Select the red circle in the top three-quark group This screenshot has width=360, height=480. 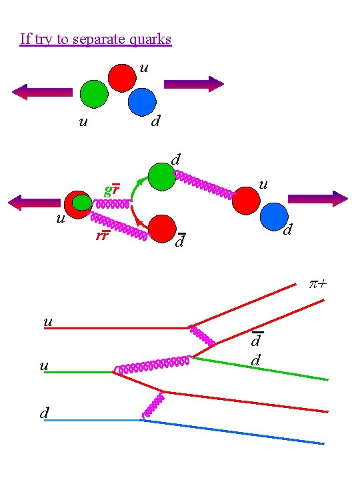[122, 78]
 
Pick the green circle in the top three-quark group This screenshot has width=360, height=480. [94, 94]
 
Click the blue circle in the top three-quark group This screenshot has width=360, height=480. [142, 102]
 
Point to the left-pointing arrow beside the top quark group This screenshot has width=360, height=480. [42, 92]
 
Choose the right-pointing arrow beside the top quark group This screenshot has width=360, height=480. [194, 83]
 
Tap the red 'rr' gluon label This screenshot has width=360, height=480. [103, 235]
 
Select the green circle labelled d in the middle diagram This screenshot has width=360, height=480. [161, 176]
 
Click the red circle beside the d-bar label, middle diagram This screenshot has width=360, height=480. [162, 228]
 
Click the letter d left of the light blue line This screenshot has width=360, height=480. [43, 413]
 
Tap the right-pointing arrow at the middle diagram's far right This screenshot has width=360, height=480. [318, 199]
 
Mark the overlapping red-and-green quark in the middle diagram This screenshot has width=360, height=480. [79, 205]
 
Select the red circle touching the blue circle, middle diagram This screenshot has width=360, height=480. [247, 200]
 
